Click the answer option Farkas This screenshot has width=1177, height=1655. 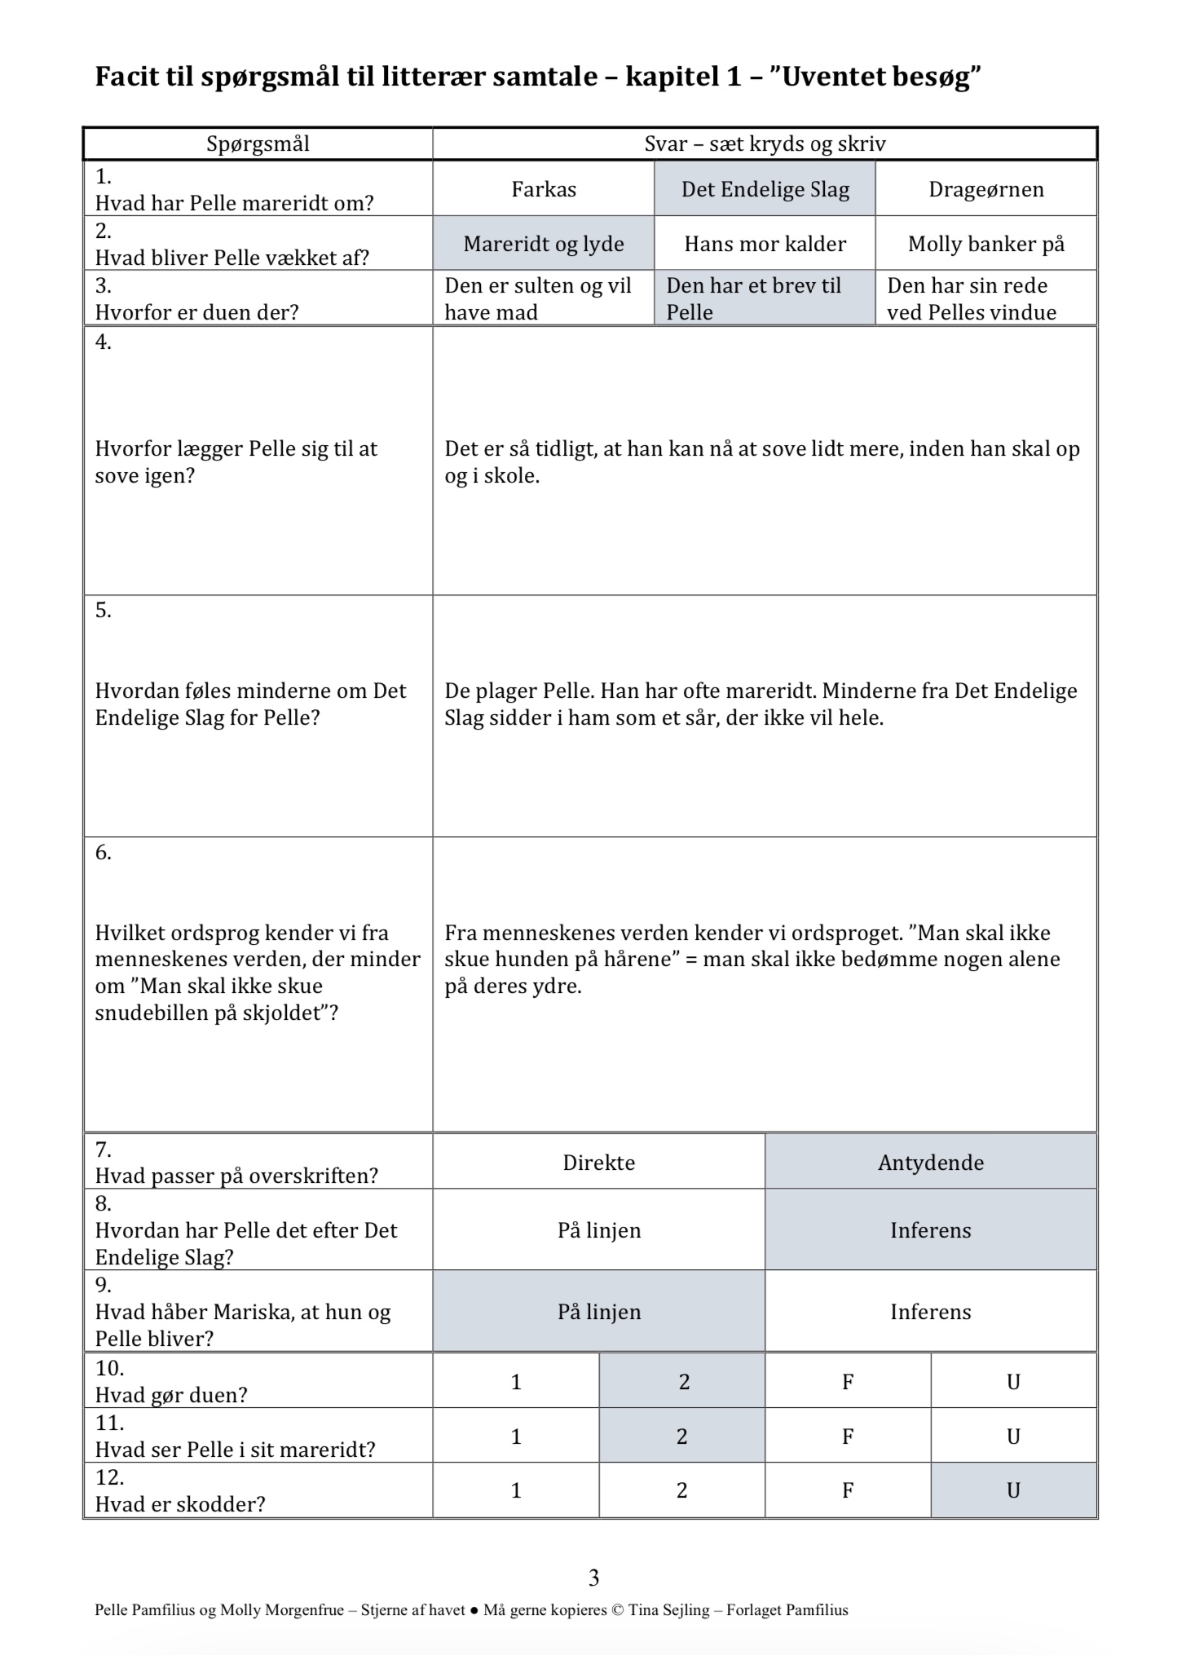click(x=544, y=189)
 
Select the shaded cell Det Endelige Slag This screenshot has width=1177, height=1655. click(x=765, y=189)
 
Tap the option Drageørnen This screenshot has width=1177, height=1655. click(x=985, y=189)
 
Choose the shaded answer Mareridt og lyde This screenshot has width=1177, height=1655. click(x=544, y=244)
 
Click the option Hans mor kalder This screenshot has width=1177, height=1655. click(x=765, y=244)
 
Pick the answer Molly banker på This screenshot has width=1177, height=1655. click(x=985, y=244)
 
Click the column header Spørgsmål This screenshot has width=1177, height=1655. click(x=258, y=144)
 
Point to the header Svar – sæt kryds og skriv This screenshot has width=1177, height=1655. click(x=765, y=144)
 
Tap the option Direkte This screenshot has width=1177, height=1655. click(x=598, y=1162)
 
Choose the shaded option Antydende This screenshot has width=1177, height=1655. click(x=930, y=1162)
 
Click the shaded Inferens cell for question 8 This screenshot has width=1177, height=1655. click(x=930, y=1229)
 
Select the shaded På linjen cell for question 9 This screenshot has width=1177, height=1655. click(x=598, y=1311)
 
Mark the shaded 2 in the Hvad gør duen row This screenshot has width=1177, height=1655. click(x=684, y=1381)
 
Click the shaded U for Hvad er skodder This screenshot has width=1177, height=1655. click(x=1013, y=1489)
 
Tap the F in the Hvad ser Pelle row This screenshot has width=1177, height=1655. click(x=848, y=1436)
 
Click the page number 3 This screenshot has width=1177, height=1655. click(x=593, y=1578)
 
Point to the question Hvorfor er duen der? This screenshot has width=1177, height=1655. click(x=196, y=311)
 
